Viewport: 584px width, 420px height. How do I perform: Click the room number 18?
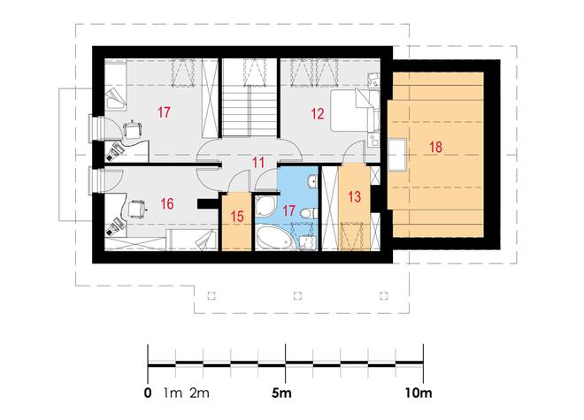435,147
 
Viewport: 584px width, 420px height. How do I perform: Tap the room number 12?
318,113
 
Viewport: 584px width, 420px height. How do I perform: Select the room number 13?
354,196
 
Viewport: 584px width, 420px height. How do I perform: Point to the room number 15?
237,217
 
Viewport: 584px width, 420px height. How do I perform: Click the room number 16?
167,203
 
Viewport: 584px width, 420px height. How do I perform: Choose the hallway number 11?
258,163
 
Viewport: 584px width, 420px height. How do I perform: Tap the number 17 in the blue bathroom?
288,210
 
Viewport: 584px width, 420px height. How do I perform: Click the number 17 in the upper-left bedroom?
164,111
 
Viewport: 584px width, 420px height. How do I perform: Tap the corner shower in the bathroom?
265,207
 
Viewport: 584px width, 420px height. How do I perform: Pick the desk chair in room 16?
136,208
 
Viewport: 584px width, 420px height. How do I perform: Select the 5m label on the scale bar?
281,393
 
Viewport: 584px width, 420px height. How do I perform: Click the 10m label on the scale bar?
419,393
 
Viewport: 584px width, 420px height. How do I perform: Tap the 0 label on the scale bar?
148,393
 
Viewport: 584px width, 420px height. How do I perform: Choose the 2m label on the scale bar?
199,393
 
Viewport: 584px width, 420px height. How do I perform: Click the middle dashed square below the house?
297,296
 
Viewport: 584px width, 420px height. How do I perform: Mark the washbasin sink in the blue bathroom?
312,181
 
